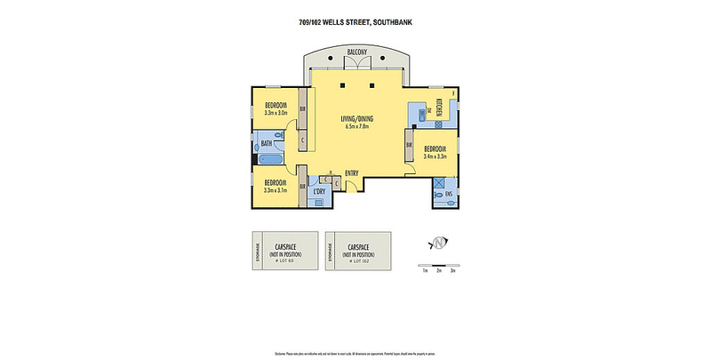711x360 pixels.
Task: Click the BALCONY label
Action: click(357, 52)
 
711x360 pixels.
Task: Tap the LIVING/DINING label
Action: click(356, 118)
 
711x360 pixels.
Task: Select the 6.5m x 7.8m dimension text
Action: click(356, 127)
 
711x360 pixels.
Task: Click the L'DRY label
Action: click(319, 191)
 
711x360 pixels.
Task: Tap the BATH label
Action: click(267, 144)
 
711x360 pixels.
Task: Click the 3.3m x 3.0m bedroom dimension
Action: click(276, 113)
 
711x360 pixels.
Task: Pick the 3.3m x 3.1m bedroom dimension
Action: click(276, 188)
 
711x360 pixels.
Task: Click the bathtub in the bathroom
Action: click(270, 161)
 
